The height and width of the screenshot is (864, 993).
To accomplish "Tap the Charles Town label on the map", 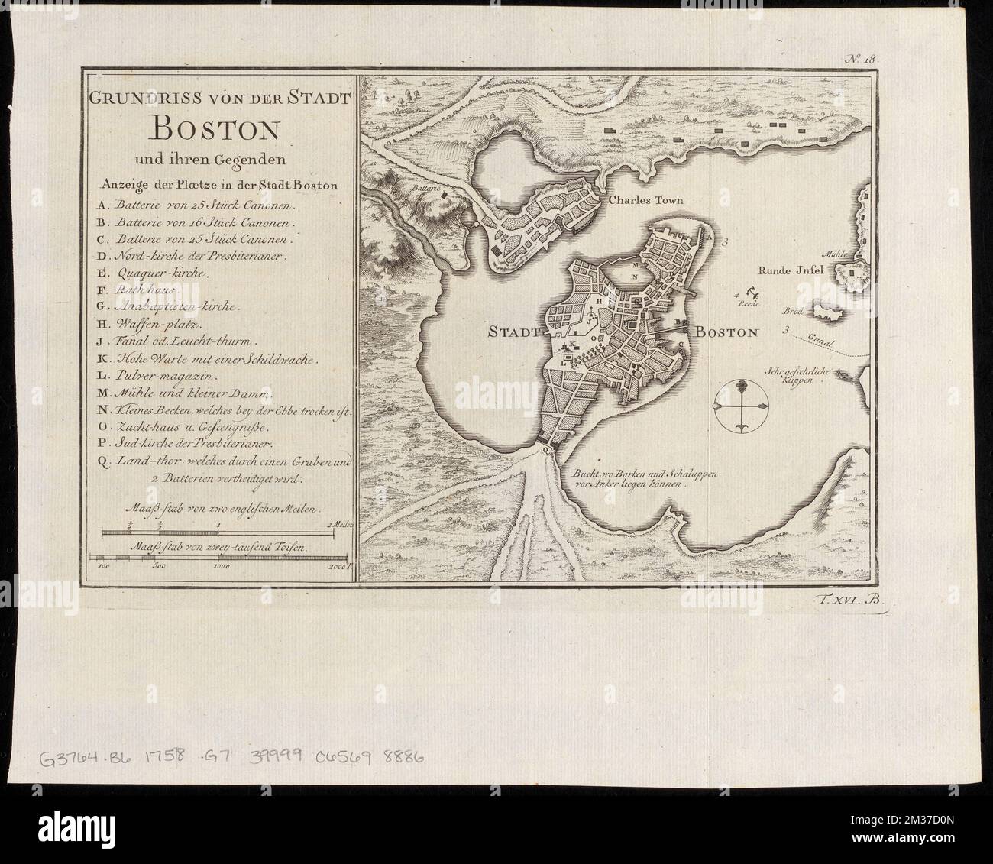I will tap(643, 201).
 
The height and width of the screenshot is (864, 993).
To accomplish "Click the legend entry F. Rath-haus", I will tap(137, 291).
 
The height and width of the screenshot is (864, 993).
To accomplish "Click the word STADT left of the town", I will tap(514, 332).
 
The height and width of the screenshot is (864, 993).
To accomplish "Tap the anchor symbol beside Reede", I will tap(752, 290).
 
